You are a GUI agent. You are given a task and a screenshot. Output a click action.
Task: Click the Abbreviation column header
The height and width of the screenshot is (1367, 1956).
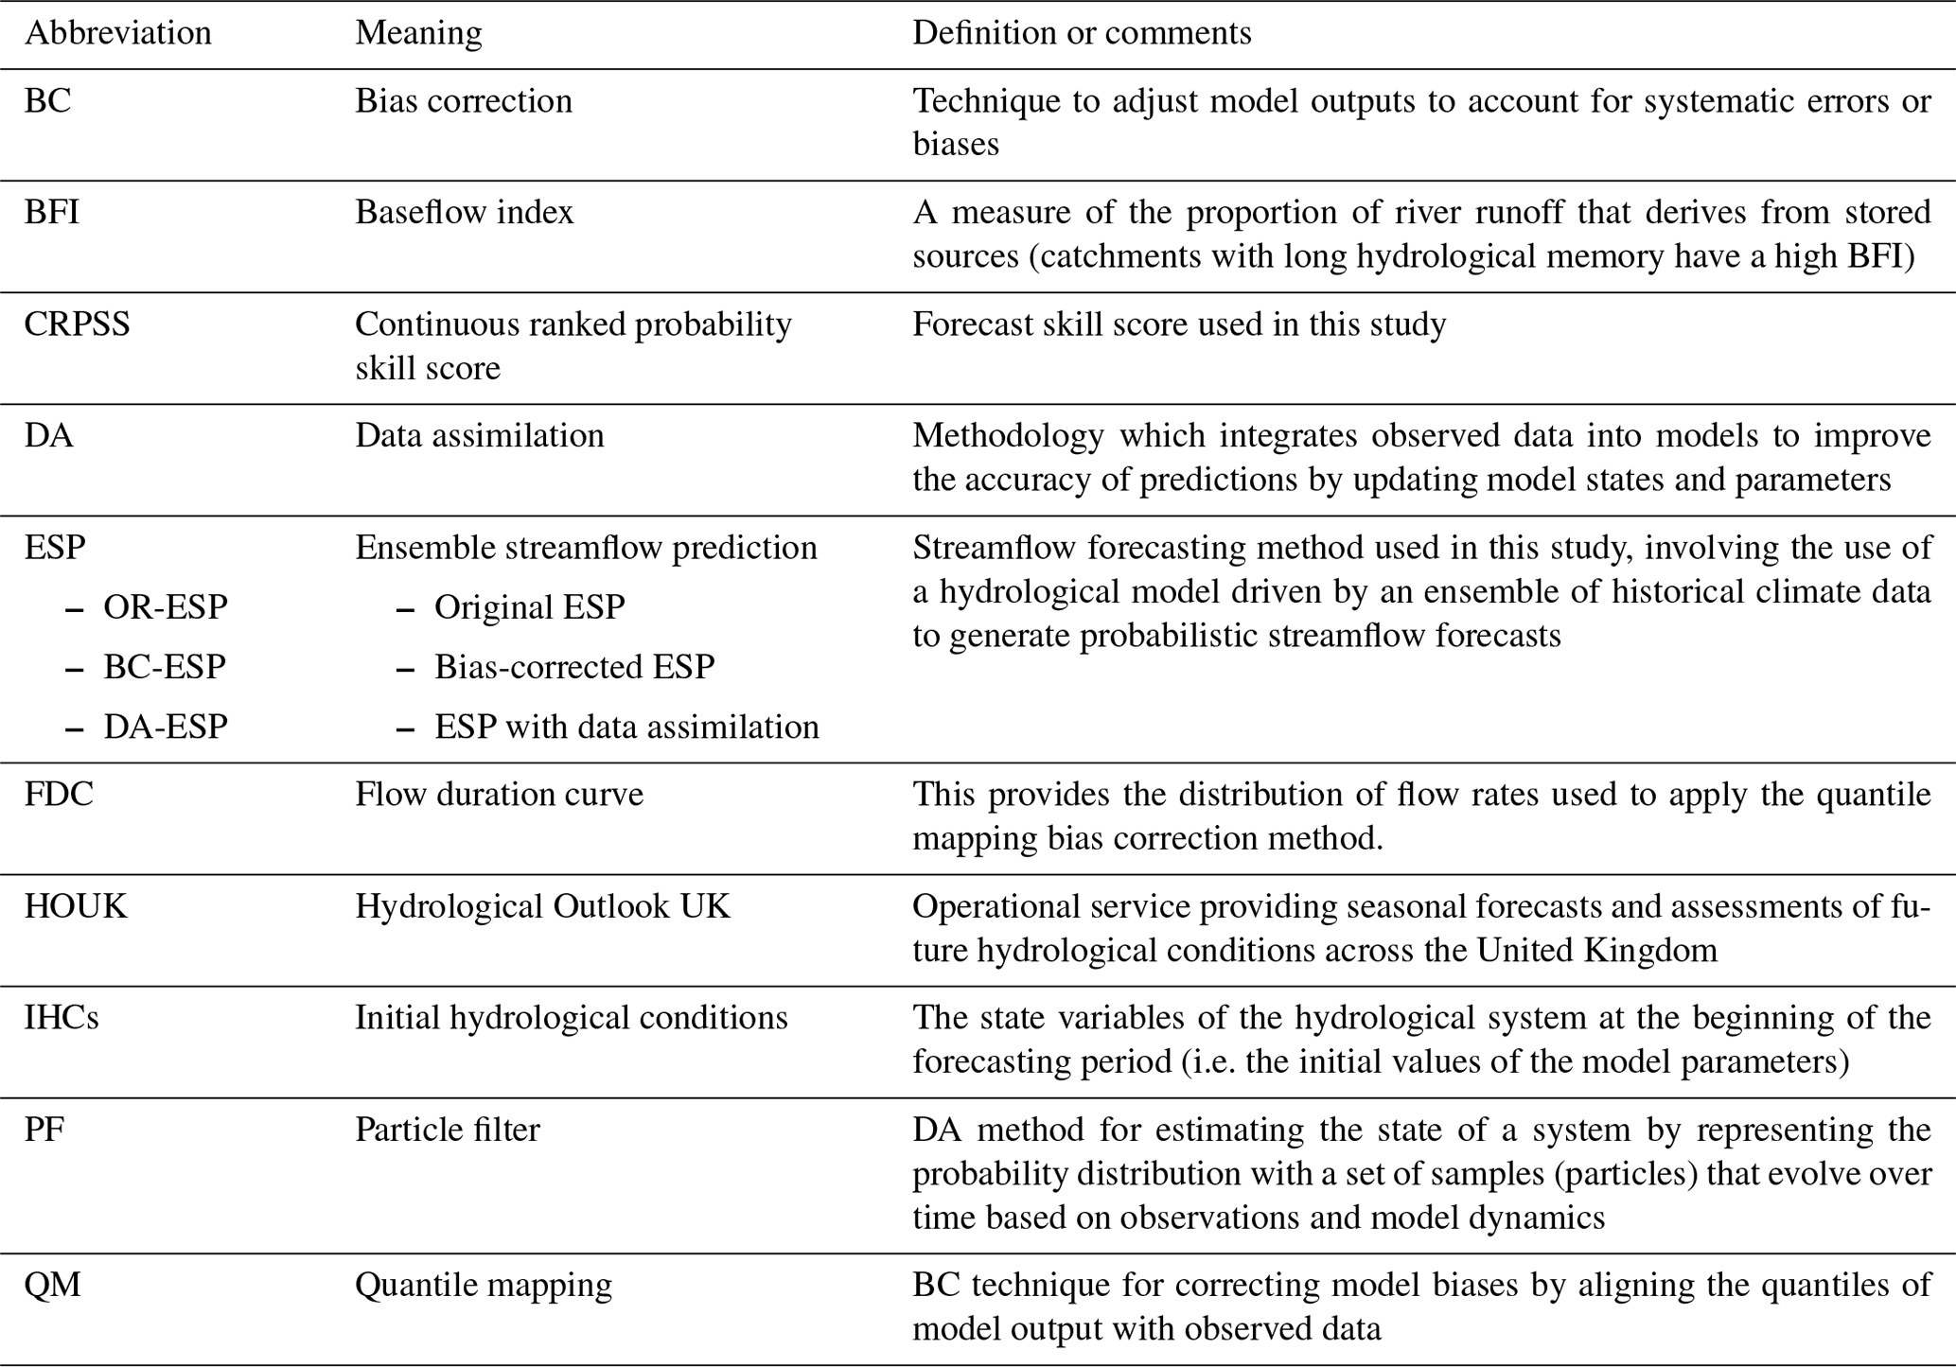[117, 33]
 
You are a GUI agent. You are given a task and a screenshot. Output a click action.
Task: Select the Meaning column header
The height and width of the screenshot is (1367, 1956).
[418, 33]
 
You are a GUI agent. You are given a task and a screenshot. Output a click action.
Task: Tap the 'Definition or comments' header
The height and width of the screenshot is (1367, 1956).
[1081, 33]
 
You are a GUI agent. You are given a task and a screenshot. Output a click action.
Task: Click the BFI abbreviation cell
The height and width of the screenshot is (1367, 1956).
[52, 212]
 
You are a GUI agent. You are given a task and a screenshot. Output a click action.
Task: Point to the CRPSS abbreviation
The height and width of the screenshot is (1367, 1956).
[77, 324]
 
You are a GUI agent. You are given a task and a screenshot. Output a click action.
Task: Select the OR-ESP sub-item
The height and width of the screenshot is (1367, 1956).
[166, 606]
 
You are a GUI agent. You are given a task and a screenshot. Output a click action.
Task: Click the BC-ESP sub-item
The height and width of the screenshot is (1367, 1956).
[165, 667]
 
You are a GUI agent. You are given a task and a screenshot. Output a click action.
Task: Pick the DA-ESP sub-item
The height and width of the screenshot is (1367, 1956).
[166, 727]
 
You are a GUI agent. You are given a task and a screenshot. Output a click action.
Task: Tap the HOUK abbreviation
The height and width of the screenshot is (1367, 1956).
[76, 906]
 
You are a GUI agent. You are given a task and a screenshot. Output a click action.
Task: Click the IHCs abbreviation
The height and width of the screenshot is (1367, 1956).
[62, 1018]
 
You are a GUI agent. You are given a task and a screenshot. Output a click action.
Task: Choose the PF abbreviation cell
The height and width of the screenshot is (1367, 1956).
[44, 1130]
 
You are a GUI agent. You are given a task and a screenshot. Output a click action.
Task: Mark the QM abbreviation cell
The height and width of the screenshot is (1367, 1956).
[52, 1285]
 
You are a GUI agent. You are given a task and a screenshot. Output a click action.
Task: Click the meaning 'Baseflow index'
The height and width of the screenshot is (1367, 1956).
[464, 212]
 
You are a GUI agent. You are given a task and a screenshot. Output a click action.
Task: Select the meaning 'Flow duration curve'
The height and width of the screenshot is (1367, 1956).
[499, 794]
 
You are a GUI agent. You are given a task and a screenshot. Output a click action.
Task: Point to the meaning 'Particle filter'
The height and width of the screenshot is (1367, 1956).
[447, 1130]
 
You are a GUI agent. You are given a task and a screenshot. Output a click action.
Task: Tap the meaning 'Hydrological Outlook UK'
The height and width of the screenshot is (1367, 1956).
[542, 906]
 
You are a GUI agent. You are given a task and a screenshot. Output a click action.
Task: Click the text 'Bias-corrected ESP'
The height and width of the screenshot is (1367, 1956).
[574, 667]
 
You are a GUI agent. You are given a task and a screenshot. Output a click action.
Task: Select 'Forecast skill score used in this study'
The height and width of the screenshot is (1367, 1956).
[1179, 324]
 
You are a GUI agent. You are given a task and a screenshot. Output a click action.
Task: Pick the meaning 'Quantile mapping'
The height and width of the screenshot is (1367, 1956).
[484, 1285]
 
